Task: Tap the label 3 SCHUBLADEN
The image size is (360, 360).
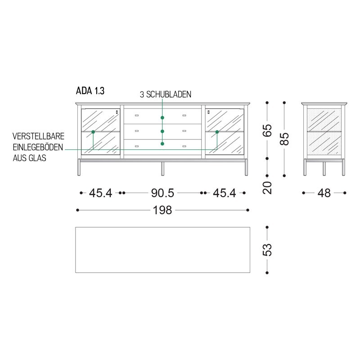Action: pos(166,94)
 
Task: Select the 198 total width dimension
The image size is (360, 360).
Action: pos(162,210)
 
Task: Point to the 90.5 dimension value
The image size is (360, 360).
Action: pos(162,193)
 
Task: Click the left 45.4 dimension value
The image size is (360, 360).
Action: pos(100,193)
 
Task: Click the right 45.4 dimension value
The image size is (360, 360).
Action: pos(224,193)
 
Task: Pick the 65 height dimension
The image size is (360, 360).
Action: pos(268,130)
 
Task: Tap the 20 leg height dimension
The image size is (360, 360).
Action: pos(268,187)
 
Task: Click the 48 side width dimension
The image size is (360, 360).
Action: pos(324,193)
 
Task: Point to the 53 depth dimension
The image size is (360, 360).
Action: pos(268,250)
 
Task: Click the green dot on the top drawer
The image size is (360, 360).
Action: pos(162,117)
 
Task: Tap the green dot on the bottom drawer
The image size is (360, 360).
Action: pos(162,144)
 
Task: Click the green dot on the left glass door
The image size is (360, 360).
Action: pos(93,132)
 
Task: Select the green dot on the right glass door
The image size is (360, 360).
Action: pos(217,132)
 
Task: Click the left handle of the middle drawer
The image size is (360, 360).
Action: pos(137,131)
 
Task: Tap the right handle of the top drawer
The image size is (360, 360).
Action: pos(184,116)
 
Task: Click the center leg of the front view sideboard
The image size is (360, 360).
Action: pos(162,168)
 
